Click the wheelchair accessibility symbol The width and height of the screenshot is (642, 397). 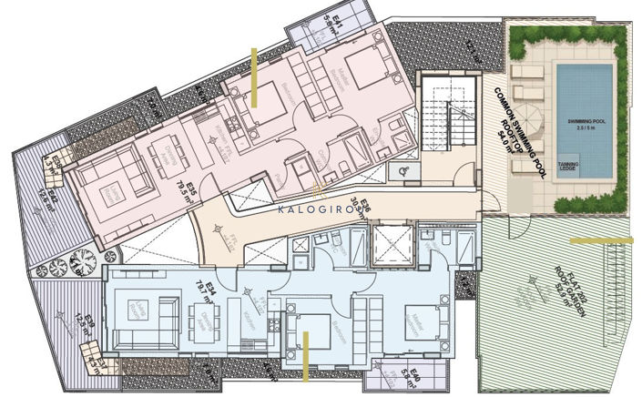tap(402, 169)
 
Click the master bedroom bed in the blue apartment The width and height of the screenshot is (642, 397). tap(424, 321)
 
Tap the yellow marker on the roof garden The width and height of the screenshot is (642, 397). tap(599, 240)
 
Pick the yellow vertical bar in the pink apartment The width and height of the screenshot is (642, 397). tap(256, 78)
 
